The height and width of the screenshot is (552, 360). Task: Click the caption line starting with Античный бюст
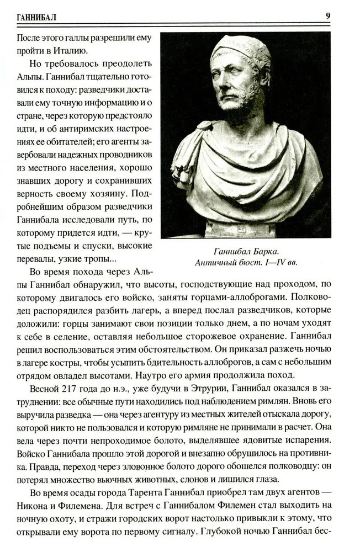click(x=246, y=263)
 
